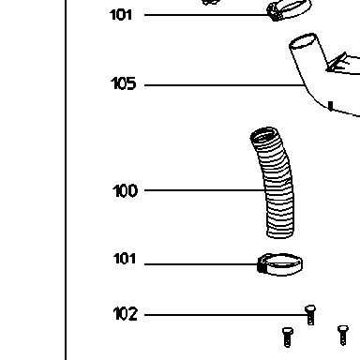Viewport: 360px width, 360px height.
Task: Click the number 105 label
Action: [x=124, y=83]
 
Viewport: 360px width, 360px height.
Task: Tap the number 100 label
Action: [x=125, y=190]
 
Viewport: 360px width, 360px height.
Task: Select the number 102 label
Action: [x=125, y=314]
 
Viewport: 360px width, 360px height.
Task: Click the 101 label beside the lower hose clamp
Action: [x=125, y=259]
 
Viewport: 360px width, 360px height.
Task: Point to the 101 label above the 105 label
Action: [x=121, y=15]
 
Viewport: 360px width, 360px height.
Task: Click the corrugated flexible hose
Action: [x=276, y=183]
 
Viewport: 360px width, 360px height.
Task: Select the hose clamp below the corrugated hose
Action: [x=279, y=264]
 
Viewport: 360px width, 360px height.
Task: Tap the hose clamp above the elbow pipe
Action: [x=289, y=9]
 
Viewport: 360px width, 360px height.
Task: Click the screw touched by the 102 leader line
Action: [x=310, y=315]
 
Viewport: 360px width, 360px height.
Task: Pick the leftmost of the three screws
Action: [x=288, y=337]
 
